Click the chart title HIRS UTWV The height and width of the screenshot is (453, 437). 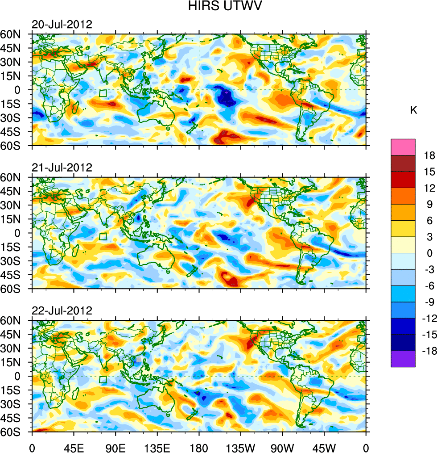click(218, 6)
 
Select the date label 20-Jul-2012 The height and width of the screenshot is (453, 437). click(62, 25)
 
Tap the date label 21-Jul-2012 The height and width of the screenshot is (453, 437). click(62, 168)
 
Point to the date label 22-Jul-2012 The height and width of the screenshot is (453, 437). click(62, 310)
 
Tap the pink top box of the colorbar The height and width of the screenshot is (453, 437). click(403, 147)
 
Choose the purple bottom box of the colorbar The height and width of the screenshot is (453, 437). click(403, 359)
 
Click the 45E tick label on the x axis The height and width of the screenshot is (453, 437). click(73, 447)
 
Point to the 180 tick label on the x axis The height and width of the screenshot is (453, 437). click(198, 447)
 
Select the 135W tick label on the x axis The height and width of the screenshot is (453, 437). click(240, 447)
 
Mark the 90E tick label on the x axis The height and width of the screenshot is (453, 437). click(115, 447)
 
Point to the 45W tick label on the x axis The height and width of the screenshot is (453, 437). click(324, 447)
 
